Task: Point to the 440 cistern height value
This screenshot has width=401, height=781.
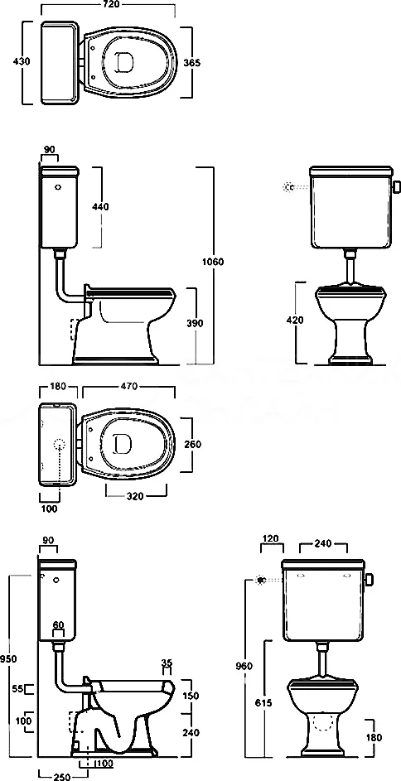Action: (100, 206)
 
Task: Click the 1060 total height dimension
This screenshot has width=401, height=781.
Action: (214, 262)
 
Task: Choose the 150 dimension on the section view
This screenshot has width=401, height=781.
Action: (191, 697)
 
